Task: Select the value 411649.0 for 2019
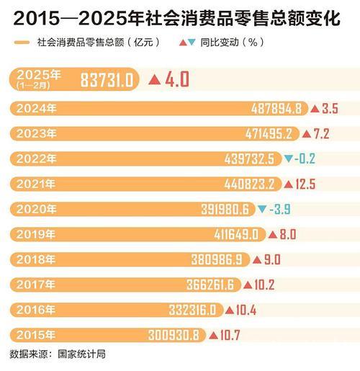tap(238, 234)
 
